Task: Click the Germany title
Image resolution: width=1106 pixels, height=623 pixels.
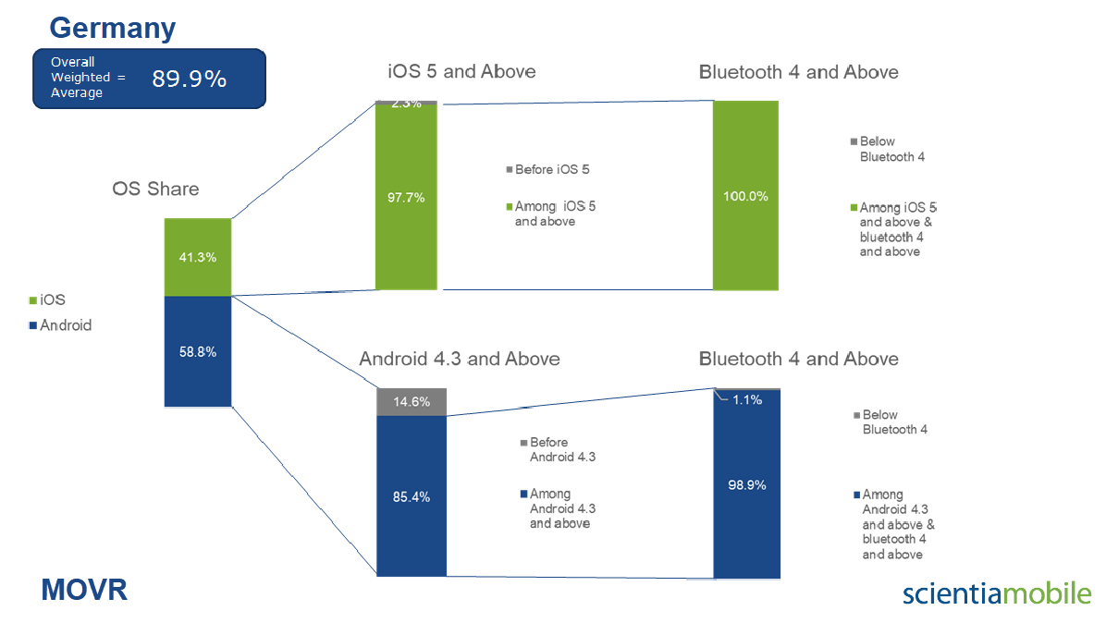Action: click(x=112, y=28)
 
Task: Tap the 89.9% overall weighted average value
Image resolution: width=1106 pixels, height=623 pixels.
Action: click(x=189, y=79)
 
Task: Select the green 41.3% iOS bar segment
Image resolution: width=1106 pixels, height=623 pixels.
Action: click(x=198, y=257)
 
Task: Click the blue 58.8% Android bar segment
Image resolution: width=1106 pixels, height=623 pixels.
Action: click(x=198, y=351)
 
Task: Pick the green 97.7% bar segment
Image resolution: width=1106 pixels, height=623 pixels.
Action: click(x=406, y=197)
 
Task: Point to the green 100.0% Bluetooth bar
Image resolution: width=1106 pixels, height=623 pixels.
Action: click(x=745, y=195)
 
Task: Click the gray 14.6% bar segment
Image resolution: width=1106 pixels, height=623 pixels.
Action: click(x=412, y=402)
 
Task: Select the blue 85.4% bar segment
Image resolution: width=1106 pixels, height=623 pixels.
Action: click(x=412, y=496)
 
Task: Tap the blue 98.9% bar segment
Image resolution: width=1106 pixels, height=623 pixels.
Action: click(x=747, y=485)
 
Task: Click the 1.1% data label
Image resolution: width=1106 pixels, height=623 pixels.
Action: click(x=747, y=399)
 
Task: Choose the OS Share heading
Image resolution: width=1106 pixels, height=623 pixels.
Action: click(x=155, y=189)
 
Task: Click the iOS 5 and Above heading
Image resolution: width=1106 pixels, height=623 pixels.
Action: click(x=461, y=71)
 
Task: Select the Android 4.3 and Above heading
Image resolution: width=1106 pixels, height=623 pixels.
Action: click(x=460, y=359)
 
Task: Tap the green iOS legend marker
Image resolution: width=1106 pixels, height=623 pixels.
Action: click(x=32, y=300)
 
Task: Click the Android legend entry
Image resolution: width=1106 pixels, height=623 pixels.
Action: click(x=60, y=324)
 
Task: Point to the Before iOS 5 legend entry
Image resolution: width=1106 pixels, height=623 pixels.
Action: click(x=547, y=169)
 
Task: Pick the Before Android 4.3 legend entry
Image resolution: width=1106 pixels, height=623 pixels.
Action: click(x=558, y=449)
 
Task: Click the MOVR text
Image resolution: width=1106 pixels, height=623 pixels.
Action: click(x=84, y=590)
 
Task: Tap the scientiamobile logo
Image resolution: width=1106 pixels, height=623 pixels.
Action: click(x=997, y=592)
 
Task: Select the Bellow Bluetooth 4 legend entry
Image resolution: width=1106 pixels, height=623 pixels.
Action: click(x=888, y=149)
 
